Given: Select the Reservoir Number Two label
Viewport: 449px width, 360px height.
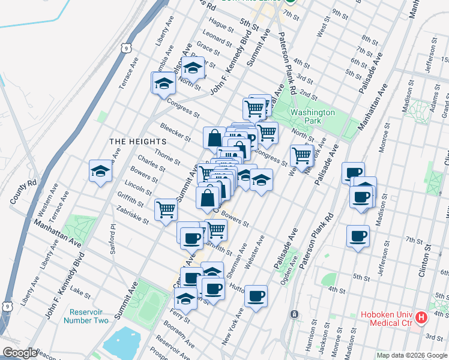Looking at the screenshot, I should (x=89, y=316).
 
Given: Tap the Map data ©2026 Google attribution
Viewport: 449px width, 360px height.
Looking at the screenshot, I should (x=412, y=355).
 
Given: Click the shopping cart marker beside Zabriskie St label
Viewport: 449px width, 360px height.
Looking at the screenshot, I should (x=166, y=209).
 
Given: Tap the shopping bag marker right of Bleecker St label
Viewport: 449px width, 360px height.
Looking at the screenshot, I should (x=214, y=137).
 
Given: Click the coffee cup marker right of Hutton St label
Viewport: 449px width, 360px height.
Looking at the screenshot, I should (x=256, y=296).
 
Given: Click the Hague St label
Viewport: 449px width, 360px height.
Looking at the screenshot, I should (x=221, y=26).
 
